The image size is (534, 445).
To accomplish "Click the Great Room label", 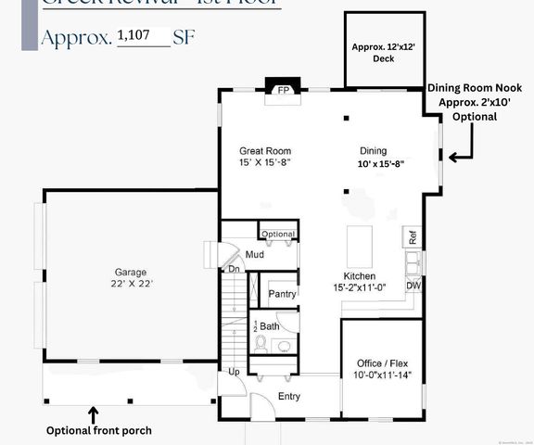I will click(x=265, y=150).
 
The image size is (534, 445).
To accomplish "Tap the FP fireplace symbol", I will click(x=285, y=90).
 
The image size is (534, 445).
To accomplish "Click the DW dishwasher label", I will click(x=413, y=286).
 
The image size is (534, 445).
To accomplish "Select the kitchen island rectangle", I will click(x=360, y=246).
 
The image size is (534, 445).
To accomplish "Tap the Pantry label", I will click(x=282, y=294).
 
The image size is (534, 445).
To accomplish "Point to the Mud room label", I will click(x=255, y=254).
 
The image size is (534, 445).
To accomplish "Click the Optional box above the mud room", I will click(x=277, y=234).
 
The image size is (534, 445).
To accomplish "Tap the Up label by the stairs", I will click(x=235, y=372).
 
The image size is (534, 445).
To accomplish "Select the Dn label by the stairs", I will click(x=235, y=269).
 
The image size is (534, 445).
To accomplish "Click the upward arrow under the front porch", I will click(x=93, y=413).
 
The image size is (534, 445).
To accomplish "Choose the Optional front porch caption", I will click(x=98, y=430).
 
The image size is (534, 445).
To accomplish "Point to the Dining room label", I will click(x=374, y=150).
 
